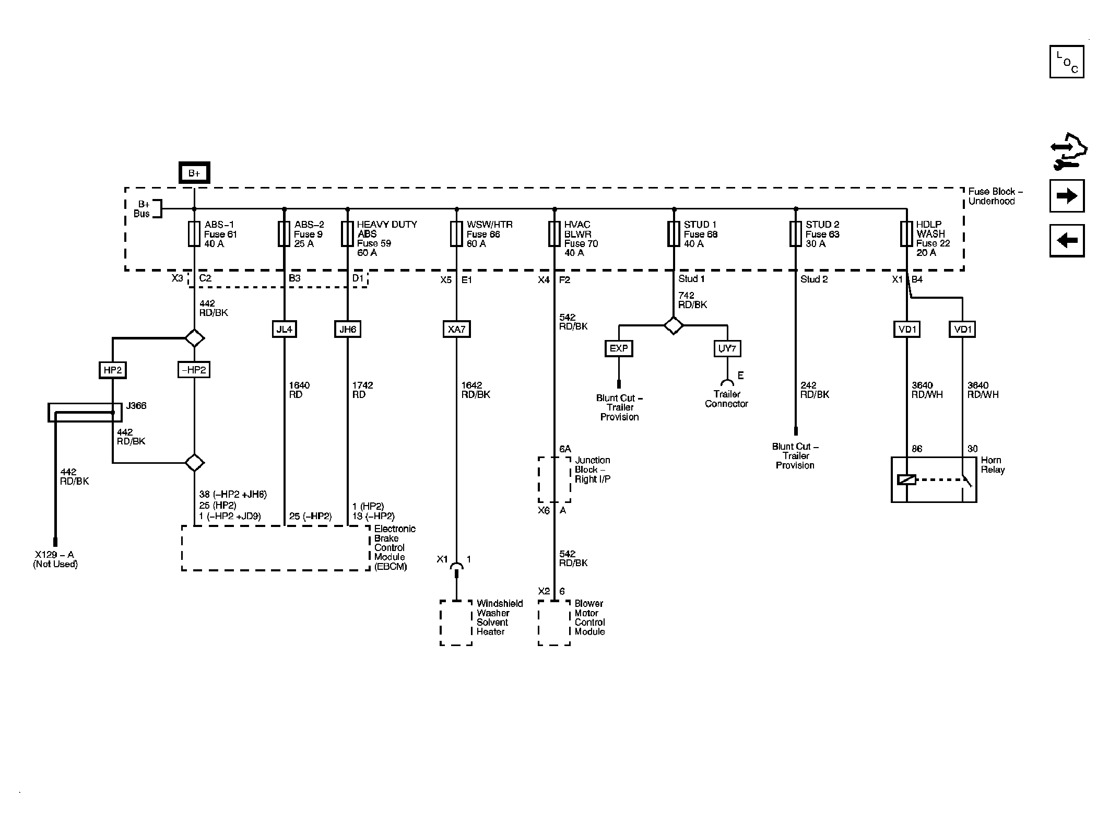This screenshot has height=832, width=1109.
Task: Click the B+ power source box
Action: pos(194,173)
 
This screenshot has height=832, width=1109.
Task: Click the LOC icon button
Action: pos(1066,62)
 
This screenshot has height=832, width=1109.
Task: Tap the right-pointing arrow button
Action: pos(1066,196)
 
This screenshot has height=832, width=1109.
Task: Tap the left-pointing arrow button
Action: pos(1066,241)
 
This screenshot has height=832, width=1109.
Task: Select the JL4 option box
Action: pos(285,329)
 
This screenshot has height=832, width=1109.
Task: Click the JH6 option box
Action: pos(348,329)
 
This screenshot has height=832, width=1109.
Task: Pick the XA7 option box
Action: pos(456,329)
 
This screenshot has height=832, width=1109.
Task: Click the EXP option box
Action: pos(619,348)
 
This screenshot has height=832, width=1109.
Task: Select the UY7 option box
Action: pos(727,348)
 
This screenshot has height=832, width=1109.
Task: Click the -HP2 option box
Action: pos(194,370)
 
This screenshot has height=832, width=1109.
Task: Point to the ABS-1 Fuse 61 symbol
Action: pos(194,233)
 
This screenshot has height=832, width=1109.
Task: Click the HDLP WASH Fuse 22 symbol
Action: pos(906,233)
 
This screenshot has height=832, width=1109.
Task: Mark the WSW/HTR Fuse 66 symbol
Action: pos(456,233)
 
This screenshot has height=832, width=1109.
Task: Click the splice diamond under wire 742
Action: pos(674,325)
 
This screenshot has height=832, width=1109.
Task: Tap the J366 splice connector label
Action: pos(136,406)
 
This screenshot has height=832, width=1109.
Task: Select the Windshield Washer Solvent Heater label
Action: pos(499,617)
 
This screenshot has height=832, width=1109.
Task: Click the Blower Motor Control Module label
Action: pos(589,617)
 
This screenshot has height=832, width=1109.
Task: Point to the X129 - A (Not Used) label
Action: pos(55,559)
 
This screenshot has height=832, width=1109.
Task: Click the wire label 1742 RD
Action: pos(362,390)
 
